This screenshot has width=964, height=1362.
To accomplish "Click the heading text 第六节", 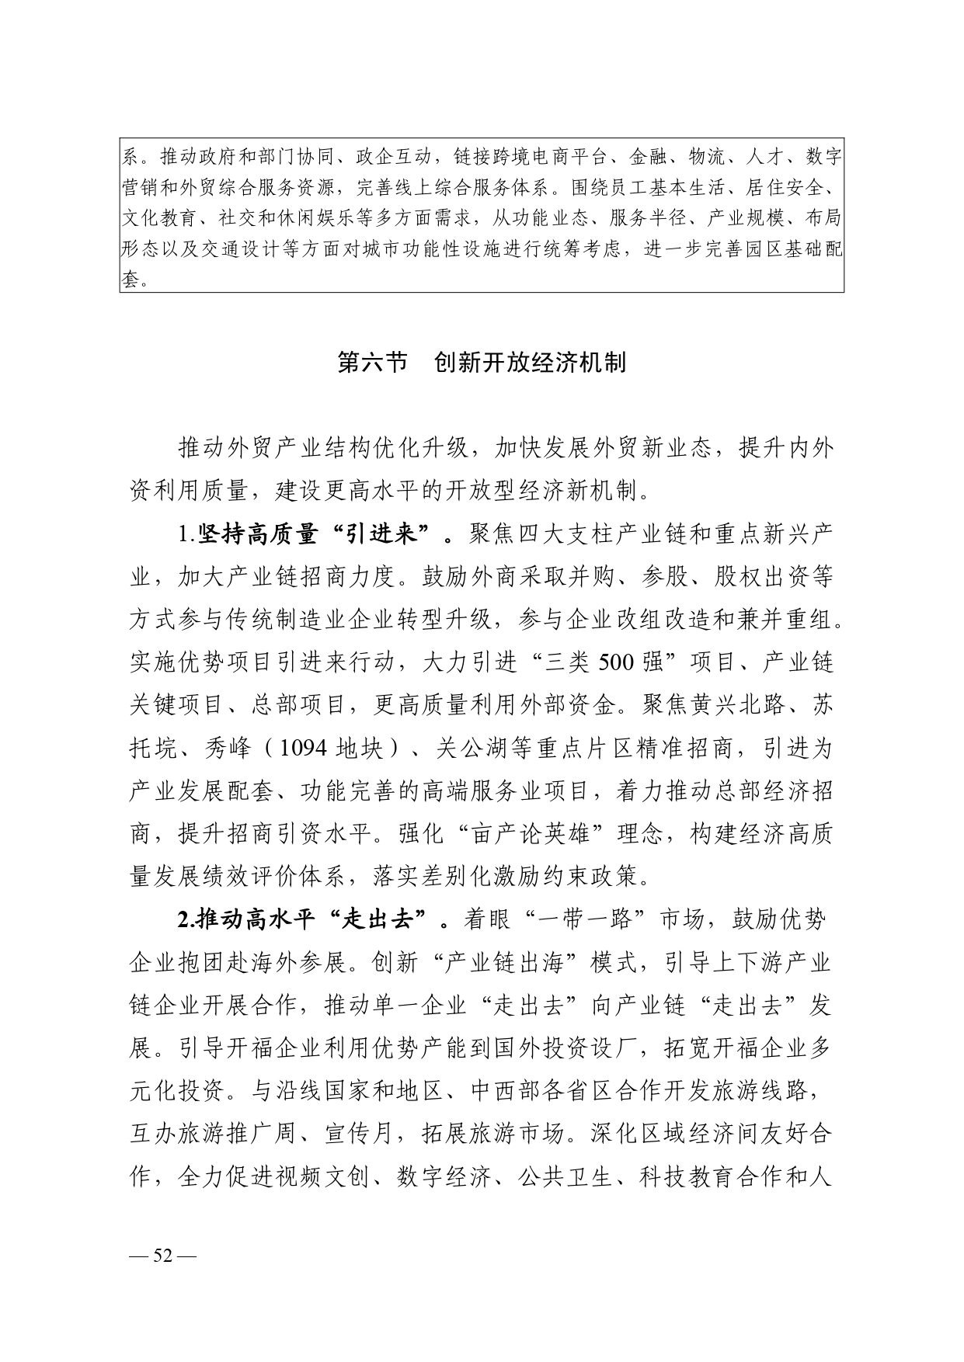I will click(373, 363).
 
